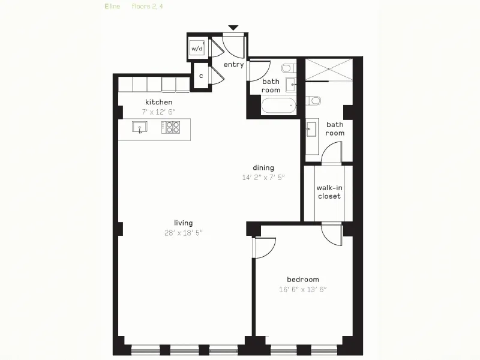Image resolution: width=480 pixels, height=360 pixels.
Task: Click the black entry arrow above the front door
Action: (x=233, y=28)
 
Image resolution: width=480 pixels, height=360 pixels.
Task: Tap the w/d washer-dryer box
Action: (x=197, y=48)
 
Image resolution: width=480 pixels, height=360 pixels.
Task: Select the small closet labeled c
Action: (x=200, y=76)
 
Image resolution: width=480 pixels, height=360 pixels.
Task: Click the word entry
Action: (x=233, y=64)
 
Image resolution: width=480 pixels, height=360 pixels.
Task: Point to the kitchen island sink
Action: (x=140, y=127)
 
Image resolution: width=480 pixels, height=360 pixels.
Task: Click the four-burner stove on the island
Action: (x=172, y=127)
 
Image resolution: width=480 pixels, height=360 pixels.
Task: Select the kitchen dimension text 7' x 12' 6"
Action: (x=158, y=112)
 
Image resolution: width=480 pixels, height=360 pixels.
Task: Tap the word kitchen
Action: (x=158, y=102)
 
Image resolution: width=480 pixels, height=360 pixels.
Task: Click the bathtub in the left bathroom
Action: (x=278, y=106)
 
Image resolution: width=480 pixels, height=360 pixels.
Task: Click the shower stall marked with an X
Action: (x=328, y=70)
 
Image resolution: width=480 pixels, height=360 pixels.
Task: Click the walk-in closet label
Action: (x=329, y=192)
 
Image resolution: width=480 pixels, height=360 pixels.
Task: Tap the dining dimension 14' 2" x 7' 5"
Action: (x=263, y=177)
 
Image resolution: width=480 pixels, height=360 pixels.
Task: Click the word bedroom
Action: (x=302, y=279)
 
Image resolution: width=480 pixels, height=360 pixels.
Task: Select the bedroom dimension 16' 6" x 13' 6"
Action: (x=302, y=289)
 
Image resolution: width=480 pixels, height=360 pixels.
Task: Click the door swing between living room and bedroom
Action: (x=264, y=246)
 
